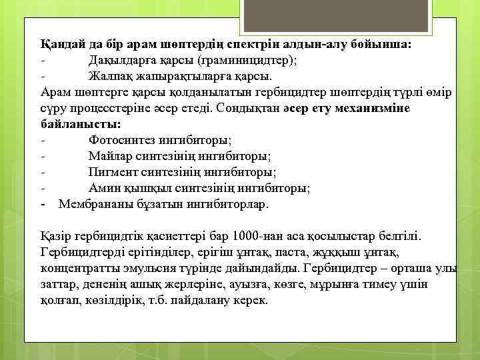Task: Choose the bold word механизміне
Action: [x=377, y=108]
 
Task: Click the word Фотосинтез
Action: [x=122, y=140]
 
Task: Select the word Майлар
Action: [x=108, y=156]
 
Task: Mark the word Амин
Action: [x=103, y=188]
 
